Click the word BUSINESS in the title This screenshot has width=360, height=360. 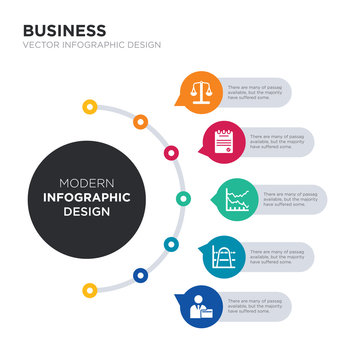tap(63, 30)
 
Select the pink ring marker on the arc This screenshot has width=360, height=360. tap(171, 153)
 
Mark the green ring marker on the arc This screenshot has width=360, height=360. tap(183, 197)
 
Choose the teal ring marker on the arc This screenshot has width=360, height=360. tap(171, 243)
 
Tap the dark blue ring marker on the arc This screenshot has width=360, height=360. tap(139, 275)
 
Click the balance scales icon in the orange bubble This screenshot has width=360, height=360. tap(202, 91)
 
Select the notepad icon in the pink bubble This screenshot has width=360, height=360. tap(224, 140)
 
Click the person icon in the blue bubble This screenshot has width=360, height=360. tap(201, 306)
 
